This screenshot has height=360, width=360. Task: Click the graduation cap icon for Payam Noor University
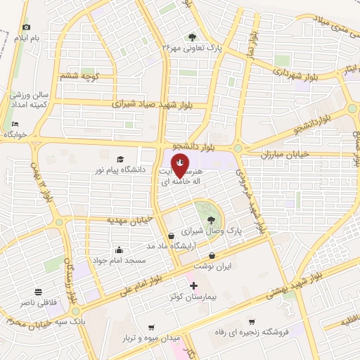(x=120, y=159)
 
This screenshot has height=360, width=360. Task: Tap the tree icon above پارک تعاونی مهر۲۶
(x=192, y=37)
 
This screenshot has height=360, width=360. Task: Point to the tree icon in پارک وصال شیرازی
(x=211, y=219)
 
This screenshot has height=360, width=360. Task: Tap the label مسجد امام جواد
(x=119, y=261)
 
